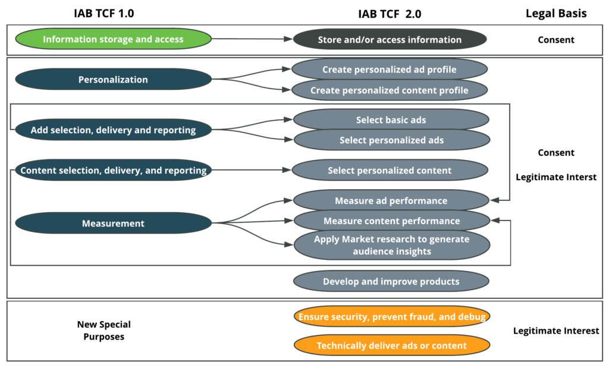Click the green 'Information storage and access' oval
[x=113, y=40]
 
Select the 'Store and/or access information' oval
[x=390, y=40]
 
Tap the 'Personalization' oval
[x=113, y=80]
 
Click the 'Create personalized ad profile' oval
[x=390, y=70]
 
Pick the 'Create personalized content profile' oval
[x=390, y=90]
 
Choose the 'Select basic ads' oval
[x=391, y=119]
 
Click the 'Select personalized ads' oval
[x=391, y=140]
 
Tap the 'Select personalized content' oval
[x=390, y=171]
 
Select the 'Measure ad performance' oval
[x=391, y=200]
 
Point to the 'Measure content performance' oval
[x=391, y=221]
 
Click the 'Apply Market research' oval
[x=391, y=245]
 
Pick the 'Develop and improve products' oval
[x=391, y=281]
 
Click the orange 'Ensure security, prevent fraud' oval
[x=391, y=317]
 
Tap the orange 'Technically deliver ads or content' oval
[x=391, y=345]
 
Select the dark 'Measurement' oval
[x=113, y=224]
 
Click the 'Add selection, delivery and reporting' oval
[x=113, y=130]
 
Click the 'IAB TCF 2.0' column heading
[x=390, y=13]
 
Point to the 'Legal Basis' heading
[x=556, y=13]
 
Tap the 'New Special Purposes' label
[x=103, y=331]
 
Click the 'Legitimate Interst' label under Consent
[x=556, y=177]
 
